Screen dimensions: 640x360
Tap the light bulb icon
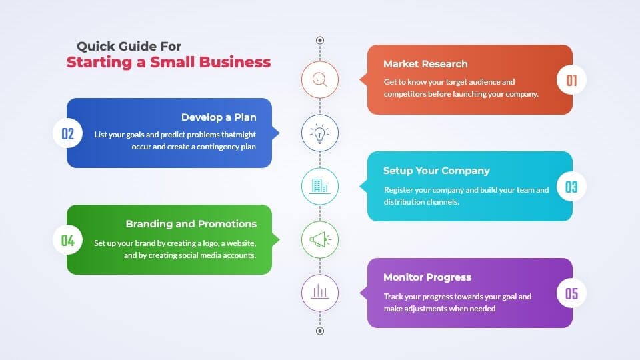[319, 133]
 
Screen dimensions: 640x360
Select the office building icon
[319, 186]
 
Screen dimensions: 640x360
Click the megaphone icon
[321, 239]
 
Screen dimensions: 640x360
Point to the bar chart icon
[320, 292]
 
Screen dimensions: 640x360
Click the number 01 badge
[571, 80]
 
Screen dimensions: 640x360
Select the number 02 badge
[68, 133]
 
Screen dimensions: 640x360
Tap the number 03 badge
[571, 187]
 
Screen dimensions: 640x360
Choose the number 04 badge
[68, 240]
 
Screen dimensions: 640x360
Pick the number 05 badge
[571, 293]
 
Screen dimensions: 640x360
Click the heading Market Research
[425, 64]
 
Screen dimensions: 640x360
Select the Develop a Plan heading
[219, 117]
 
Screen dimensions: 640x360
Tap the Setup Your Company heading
[436, 171]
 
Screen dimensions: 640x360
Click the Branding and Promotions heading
[191, 224]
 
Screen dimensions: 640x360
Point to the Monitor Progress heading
[427, 277]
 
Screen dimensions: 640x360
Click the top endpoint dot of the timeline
[320, 40]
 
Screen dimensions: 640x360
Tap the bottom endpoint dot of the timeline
[320, 331]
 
